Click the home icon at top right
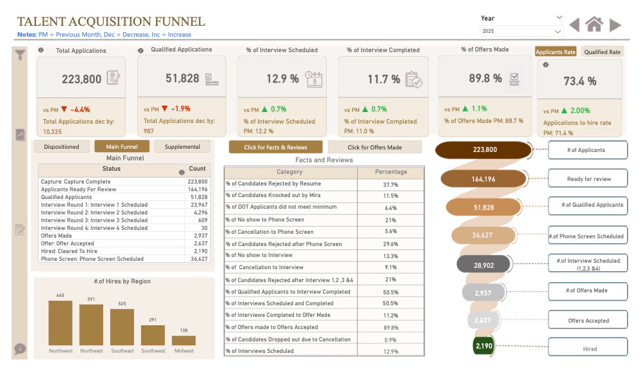tap(594, 24)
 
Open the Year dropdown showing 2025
tap(521, 31)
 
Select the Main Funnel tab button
tap(122, 147)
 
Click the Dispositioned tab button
tap(62, 147)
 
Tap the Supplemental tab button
tap(182, 147)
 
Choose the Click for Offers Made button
tap(374, 147)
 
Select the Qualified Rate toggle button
tap(602, 52)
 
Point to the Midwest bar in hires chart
tap(184, 340)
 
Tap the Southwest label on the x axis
tap(153, 351)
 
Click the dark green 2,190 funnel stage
tap(484, 346)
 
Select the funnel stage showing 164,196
tap(484, 179)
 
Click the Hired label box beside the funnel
tap(587, 348)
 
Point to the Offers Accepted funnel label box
tap(587, 320)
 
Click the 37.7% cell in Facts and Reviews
tap(391, 184)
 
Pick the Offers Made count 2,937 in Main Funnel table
tap(199, 236)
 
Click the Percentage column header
tap(391, 172)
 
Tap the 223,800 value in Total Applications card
tap(82, 79)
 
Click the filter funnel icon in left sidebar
tap(21, 55)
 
